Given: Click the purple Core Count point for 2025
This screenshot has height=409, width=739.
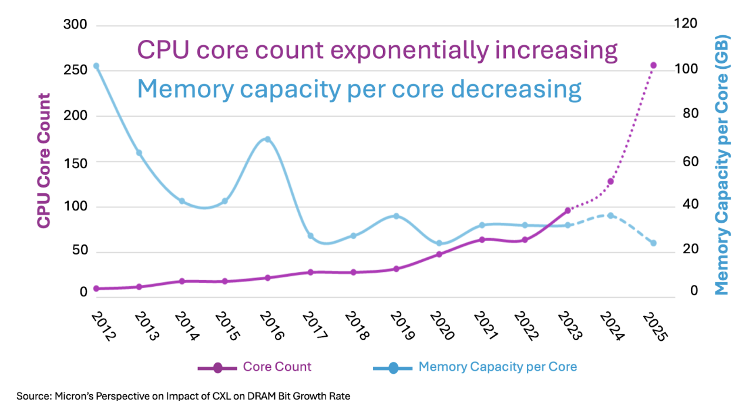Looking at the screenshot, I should [653, 65].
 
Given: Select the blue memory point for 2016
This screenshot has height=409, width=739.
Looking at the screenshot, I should [267, 139].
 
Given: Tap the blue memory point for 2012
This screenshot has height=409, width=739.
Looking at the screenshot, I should [96, 66].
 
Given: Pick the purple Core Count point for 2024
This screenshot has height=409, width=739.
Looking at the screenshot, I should [610, 181].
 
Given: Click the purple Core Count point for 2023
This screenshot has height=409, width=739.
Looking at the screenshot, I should [567, 210].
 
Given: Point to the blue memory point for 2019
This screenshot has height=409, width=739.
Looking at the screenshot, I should [396, 216].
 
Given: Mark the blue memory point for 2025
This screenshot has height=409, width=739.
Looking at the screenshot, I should [653, 243].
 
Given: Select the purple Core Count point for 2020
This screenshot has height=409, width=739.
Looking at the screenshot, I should [439, 254].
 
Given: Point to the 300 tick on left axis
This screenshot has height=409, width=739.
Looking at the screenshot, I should [75, 25].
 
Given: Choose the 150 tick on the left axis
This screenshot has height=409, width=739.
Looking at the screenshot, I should [75, 162].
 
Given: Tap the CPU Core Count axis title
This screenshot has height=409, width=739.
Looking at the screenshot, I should [43, 160].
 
